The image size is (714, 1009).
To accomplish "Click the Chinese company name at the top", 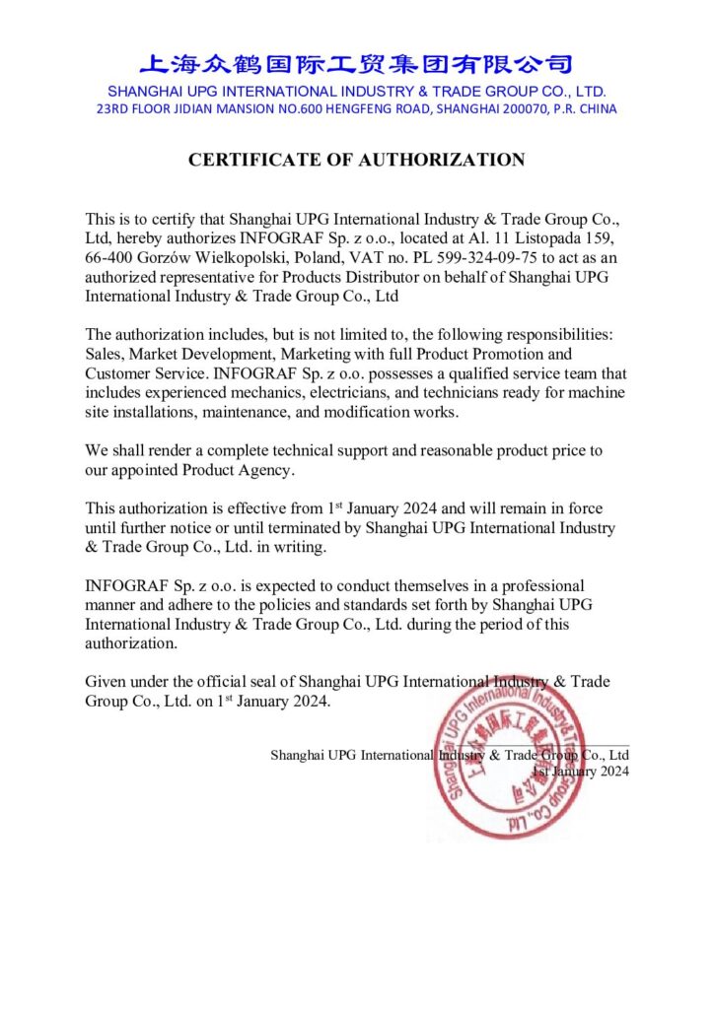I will (x=356, y=65).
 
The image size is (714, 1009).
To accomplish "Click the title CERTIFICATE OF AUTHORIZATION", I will (x=357, y=160).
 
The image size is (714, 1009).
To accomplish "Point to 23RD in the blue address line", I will (x=113, y=109).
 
